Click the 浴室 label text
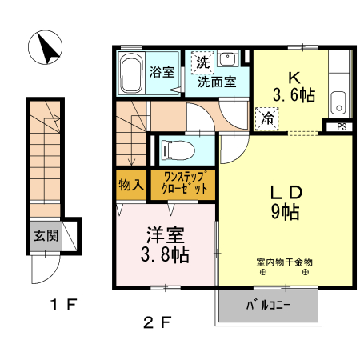(162, 71)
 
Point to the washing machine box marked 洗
(202, 62)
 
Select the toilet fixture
(178, 148)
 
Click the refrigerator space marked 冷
(266, 117)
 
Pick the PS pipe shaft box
(341, 126)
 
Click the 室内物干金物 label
(284, 262)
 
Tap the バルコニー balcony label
(268, 306)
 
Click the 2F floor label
(158, 324)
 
